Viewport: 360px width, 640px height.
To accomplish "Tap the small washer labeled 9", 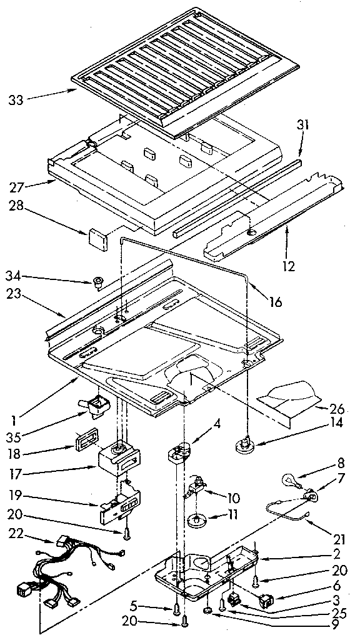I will pos(207,610).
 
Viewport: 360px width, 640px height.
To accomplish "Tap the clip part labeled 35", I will pos(97,407).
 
